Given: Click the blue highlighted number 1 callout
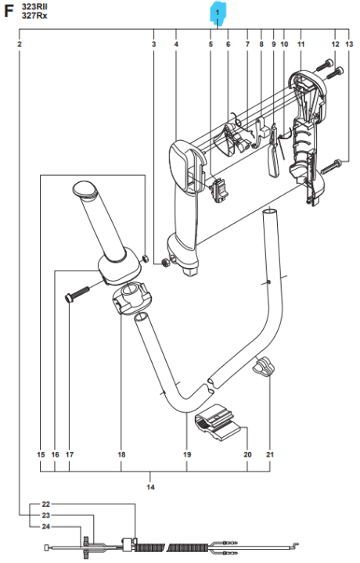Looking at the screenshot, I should (217, 13).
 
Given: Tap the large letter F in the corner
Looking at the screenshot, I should (10, 11).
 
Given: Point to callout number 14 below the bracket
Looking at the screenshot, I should (150, 487).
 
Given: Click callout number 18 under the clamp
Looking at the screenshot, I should (121, 454).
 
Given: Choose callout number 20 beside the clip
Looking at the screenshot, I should (247, 454).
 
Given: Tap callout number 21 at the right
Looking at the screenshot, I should (270, 454).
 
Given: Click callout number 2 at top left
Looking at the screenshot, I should (19, 45).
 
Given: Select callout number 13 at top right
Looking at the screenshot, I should (348, 45).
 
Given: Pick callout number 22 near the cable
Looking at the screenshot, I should (45, 504).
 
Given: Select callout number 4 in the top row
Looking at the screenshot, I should (176, 45).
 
